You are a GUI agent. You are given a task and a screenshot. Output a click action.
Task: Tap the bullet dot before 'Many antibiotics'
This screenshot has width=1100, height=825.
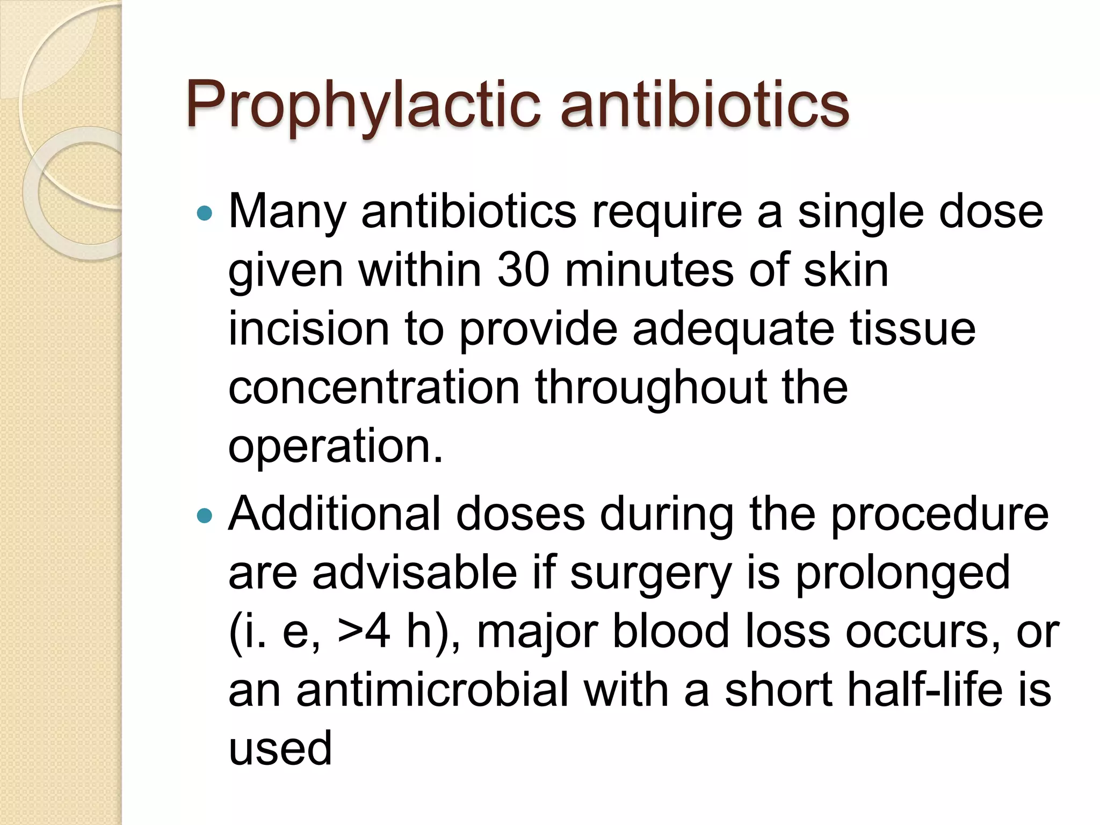coord(205,214)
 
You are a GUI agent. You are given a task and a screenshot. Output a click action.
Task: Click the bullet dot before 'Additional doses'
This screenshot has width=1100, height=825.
coord(205,516)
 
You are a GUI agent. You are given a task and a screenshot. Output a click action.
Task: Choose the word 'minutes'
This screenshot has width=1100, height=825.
coord(649,270)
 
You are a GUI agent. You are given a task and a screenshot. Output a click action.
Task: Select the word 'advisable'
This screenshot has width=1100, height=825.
coord(415,573)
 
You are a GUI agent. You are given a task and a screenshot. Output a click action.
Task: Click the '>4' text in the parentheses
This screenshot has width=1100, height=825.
coord(364,631)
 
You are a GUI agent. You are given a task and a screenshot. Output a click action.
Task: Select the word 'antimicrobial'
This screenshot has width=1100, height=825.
coord(432,690)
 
